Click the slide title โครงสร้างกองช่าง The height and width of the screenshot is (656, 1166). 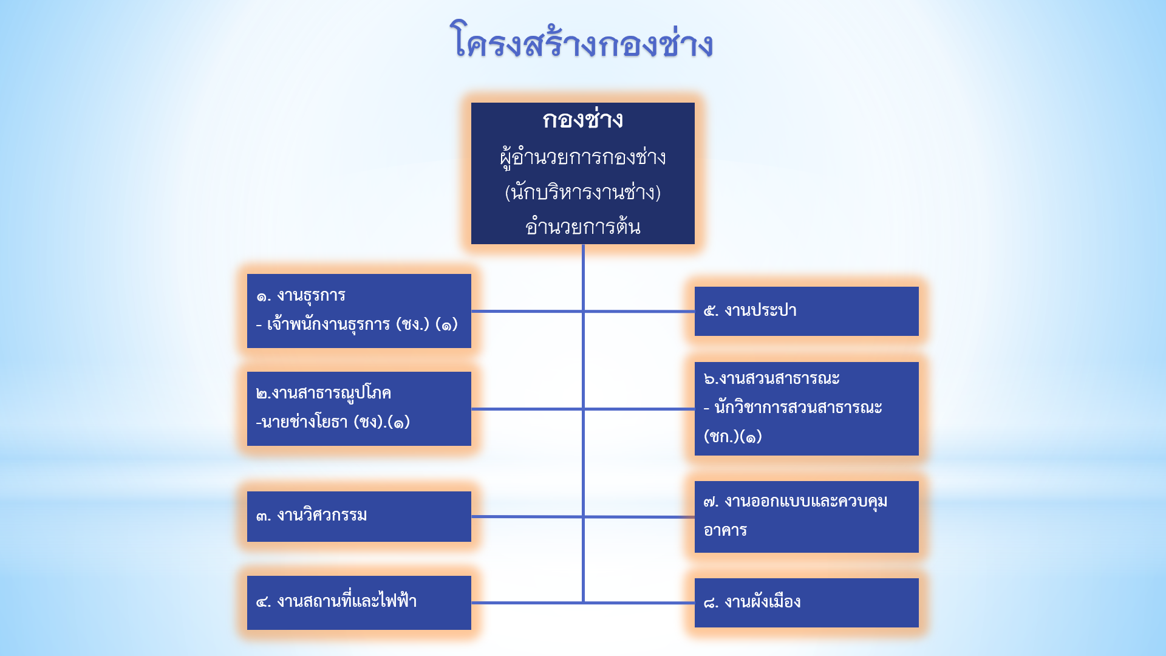tap(582, 41)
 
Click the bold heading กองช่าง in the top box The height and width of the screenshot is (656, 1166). tap(583, 120)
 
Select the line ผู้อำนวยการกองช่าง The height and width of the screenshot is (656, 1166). tap(583, 158)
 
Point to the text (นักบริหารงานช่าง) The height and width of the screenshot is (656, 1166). tap(583, 193)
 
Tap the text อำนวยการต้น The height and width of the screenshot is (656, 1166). tap(583, 227)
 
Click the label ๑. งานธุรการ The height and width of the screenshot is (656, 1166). tap(301, 296)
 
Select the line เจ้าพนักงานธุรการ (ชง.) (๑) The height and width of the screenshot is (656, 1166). tap(357, 324)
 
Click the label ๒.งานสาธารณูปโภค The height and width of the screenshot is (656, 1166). tap(324, 394)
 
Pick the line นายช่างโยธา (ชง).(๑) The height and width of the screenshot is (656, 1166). tap(333, 422)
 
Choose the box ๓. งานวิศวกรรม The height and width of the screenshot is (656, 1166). tap(359, 516)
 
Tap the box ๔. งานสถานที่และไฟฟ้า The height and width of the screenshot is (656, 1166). tap(359, 603)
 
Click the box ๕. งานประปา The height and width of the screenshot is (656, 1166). tap(806, 311)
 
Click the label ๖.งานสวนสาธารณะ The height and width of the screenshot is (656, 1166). tap(772, 378)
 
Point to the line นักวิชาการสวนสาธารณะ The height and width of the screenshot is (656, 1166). tap(793, 408)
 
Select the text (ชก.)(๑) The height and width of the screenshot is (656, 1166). tap(733, 436)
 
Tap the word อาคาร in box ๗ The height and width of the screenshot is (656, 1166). tap(725, 530)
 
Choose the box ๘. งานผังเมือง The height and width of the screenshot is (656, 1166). tap(806, 603)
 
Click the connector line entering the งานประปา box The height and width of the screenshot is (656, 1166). tap(639, 311)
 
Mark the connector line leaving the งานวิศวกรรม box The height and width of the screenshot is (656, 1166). tap(527, 516)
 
